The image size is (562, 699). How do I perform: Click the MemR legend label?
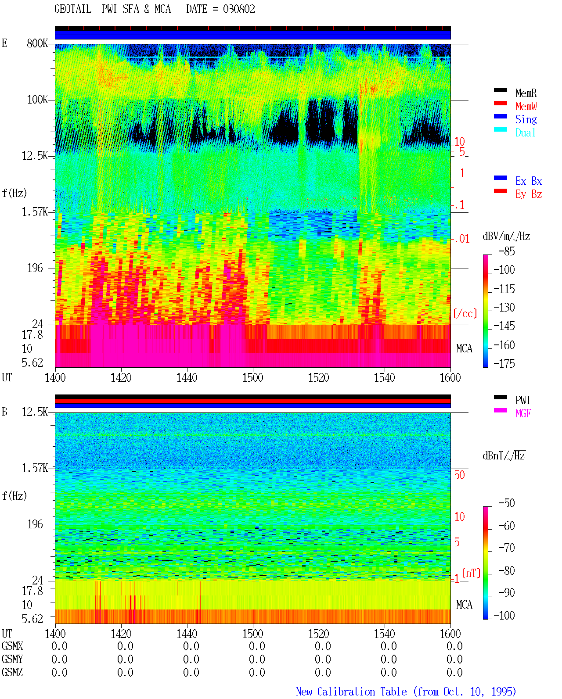[526, 93]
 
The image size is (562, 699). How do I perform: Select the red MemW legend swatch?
[500, 103]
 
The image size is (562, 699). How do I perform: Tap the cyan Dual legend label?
[525, 133]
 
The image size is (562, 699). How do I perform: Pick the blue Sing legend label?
[526, 119]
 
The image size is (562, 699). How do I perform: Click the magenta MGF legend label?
[523, 413]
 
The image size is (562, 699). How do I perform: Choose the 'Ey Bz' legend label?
[528, 194]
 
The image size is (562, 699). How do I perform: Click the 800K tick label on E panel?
[37, 43]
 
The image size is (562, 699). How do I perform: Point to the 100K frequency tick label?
[37, 100]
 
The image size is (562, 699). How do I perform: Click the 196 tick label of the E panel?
[35, 268]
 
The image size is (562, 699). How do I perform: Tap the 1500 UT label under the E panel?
[252, 378]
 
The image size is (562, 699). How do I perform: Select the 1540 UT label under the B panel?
[385, 634]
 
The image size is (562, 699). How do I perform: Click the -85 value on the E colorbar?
[507, 251]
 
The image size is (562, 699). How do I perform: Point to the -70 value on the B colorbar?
[507, 548]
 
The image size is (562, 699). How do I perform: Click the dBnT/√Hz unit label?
[504, 456]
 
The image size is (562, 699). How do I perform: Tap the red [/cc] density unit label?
[465, 313]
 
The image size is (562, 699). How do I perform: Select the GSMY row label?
[12, 659]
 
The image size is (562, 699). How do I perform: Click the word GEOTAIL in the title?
[73, 9]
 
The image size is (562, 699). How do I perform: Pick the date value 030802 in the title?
[239, 9]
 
